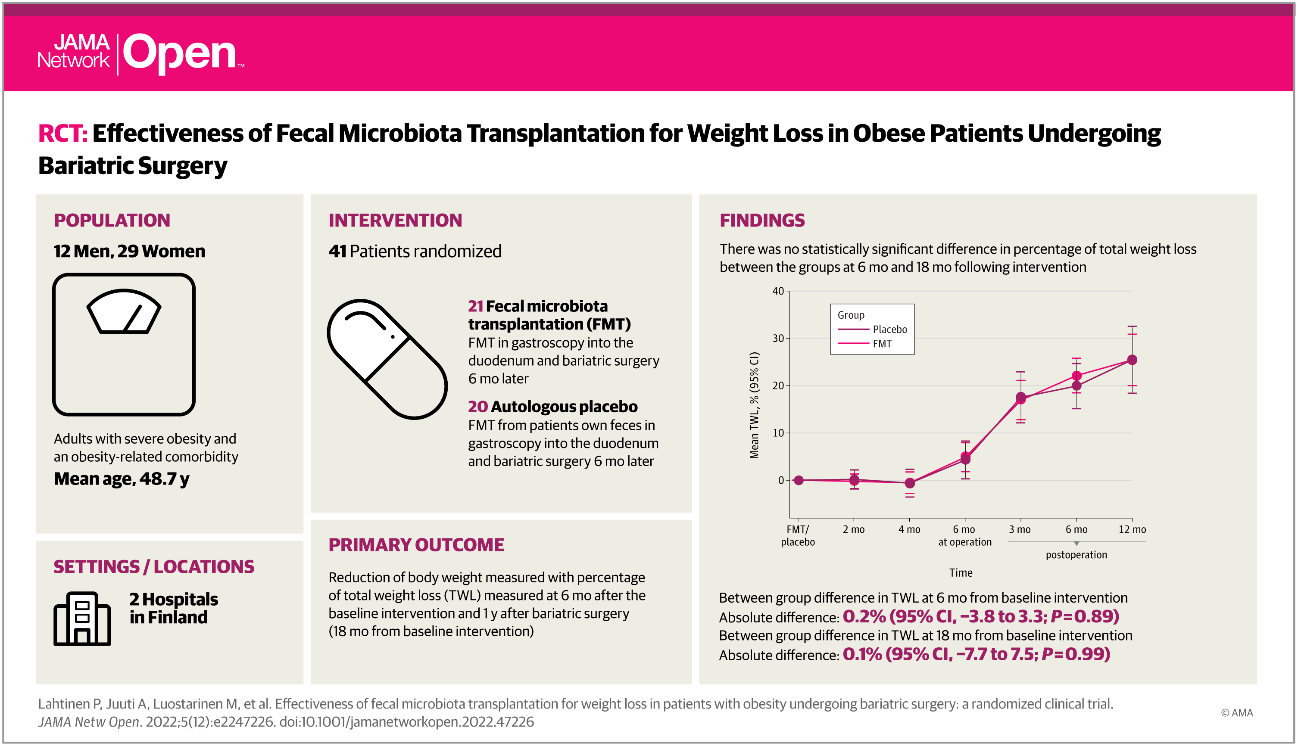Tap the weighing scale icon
point(124,344)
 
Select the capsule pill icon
point(387,359)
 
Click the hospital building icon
point(82,619)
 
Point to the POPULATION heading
point(112,221)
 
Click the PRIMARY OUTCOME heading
point(416,545)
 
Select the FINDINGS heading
point(762,221)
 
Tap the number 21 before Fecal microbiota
point(475,306)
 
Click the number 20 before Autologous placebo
point(477,407)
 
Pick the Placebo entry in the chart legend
point(889,329)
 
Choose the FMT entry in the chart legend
point(882,344)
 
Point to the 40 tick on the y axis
point(778,291)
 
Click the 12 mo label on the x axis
point(1132,529)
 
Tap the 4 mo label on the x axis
point(909,529)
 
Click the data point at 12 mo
point(1132,360)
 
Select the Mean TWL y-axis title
point(754,405)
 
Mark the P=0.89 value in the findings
point(1084,616)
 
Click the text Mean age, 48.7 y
point(122,479)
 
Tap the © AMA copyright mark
point(1236,713)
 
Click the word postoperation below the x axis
point(1076,555)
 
